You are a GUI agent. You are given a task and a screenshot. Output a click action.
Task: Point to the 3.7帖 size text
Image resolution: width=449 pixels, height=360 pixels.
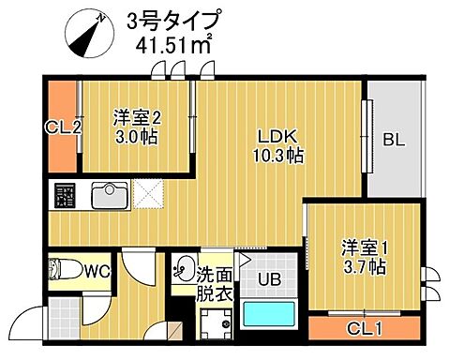click(x=359, y=267)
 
